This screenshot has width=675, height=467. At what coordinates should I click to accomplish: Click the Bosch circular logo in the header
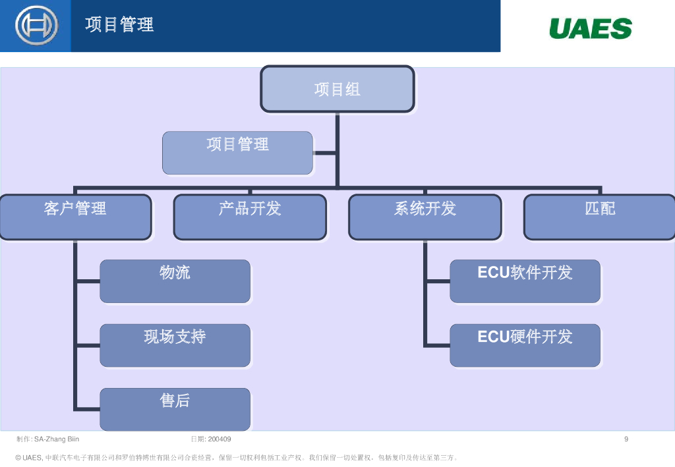click(x=36, y=26)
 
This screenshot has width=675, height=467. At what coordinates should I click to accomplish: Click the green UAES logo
click(x=590, y=28)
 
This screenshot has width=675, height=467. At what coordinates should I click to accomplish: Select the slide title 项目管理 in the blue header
click(x=119, y=25)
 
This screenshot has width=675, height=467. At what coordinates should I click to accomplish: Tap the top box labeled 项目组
click(x=337, y=89)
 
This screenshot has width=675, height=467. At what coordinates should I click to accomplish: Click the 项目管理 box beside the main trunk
click(x=237, y=152)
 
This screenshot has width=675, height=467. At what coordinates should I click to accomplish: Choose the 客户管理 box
click(x=75, y=217)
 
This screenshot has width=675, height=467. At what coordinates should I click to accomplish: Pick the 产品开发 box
click(x=250, y=217)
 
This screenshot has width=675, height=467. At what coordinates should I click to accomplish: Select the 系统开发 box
click(x=425, y=217)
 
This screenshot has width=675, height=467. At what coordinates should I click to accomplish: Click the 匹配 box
click(x=599, y=217)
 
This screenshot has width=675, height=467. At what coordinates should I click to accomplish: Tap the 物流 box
click(x=175, y=281)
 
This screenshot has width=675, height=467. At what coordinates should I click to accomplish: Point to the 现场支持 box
click(x=175, y=345)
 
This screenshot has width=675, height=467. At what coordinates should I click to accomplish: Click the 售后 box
click(x=175, y=409)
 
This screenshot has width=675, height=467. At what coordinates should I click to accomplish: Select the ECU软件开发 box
click(x=525, y=281)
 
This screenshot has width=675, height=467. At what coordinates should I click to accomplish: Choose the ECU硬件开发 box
click(x=525, y=345)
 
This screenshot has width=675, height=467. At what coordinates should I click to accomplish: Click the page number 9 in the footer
click(x=626, y=439)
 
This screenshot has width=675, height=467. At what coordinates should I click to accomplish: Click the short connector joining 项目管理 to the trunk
click(x=324, y=152)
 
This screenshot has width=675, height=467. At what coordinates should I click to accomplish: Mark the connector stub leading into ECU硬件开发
click(x=437, y=345)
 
